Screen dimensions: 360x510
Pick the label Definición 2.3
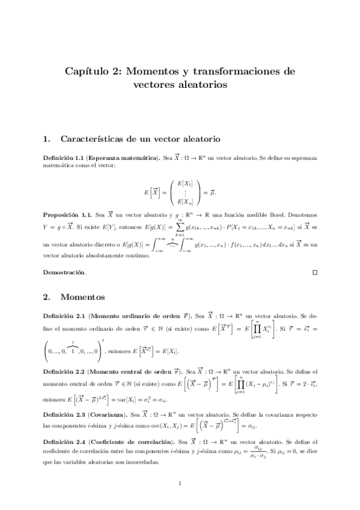63,415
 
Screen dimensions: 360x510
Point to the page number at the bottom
180,483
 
